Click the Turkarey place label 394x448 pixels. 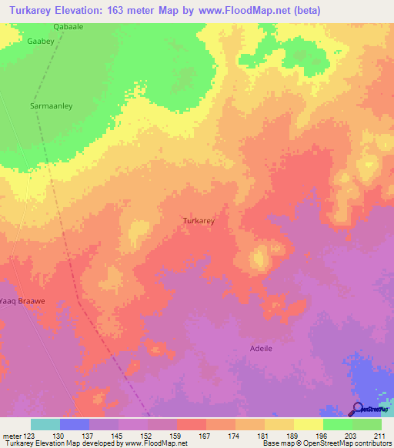(x=198, y=220)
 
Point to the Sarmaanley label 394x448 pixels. (x=51, y=106)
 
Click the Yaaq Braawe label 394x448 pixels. (x=23, y=301)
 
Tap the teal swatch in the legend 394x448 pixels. (x=45, y=424)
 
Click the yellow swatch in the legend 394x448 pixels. (x=309, y=424)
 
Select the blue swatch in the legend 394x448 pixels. (x=75, y=424)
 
